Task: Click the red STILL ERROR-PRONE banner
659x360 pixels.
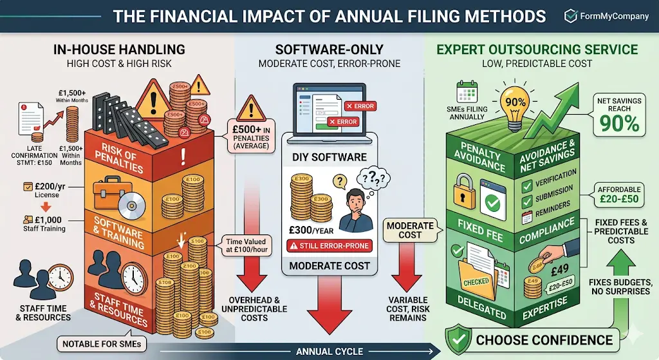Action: pyautogui.click(x=329, y=245)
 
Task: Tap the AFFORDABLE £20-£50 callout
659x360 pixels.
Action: pyautogui.click(x=620, y=194)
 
